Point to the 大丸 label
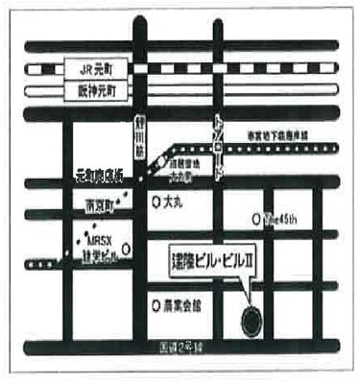[x=173, y=204]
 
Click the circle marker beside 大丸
[x=156, y=204]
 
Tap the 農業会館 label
[x=182, y=306]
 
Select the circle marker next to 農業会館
[x=156, y=306]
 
